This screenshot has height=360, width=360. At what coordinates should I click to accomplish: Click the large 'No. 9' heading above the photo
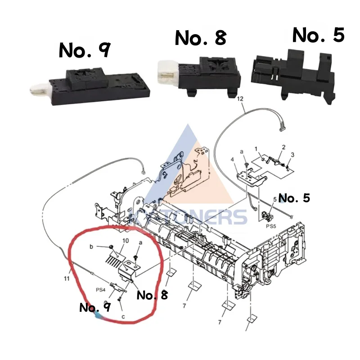pyautogui.click(x=84, y=51)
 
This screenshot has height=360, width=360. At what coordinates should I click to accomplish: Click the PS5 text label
pyautogui.click(x=270, y=226)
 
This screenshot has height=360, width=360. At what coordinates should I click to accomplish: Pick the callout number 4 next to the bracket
pyautogui.click(x=233, y=159)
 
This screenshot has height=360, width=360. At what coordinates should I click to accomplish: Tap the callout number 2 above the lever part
pyautogui.click(x=283, y=147)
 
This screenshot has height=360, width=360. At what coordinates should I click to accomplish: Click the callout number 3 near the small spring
pyautogui.click(x=292, y=155)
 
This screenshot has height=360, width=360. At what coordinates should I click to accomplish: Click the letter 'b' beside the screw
pyautogui.click(x=91, y=247)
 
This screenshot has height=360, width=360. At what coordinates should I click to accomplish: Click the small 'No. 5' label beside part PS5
pyautogui.click(x=294, y=198)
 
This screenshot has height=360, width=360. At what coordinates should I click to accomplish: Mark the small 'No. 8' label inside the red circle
pyautogui.click(x=152, y=295)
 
